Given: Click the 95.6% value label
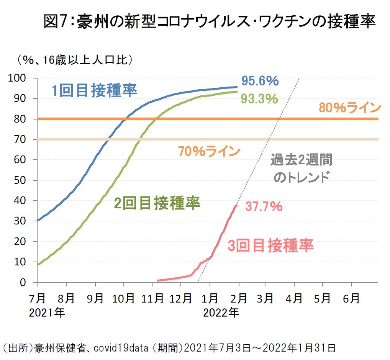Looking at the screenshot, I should pyautogui.click(x=260, y=81).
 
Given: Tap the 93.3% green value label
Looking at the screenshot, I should pyautogui.click(x=259, y=99).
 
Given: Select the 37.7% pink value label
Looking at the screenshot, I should pyautogui.click(x=264, y=207).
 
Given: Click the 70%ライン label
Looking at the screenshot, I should pyautogui.click(x=209, y=151).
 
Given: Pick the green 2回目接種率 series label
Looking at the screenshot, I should pyautogui.click(x=157, y=203).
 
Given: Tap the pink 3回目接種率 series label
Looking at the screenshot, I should pyautogui.click(x=270, y=245).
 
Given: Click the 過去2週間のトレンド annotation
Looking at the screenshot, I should pyautogui.click(x=302, y=169).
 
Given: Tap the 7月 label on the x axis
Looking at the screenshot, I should pyautogui.click(x=38, y=298).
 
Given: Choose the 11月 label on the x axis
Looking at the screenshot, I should pyautogui.click(x=152, y=298).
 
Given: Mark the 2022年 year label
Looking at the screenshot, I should pyautogui.click(x=221, y=313).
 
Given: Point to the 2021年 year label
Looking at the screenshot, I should pyautogui.click(x=47, y=313).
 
